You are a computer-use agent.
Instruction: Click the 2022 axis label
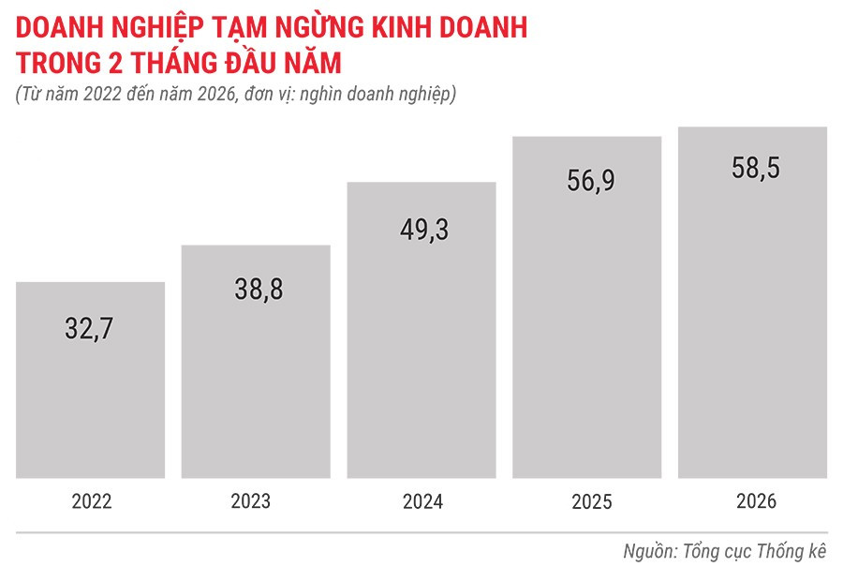coord(91,501)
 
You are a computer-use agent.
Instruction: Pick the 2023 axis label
coord(256,501)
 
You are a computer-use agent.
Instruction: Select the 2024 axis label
coord(422,501)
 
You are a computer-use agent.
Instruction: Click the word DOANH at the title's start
coord(54,28)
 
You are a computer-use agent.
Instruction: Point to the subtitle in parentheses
coord(235,95)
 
